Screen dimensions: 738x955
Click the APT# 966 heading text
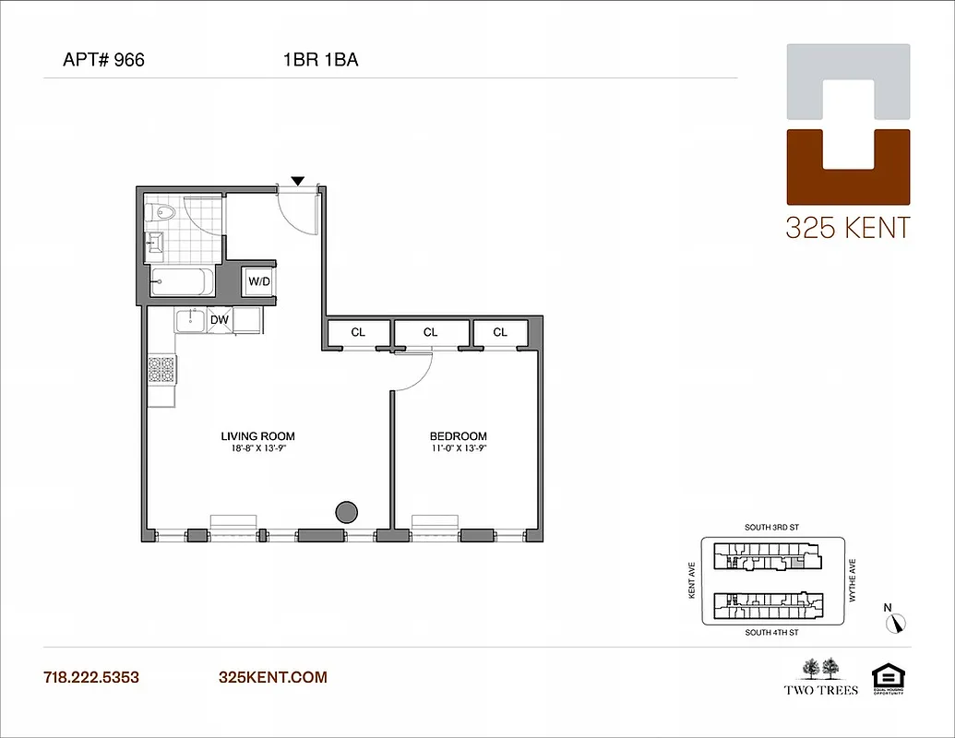point(103,61)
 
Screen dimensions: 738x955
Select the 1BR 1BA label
point(320,61)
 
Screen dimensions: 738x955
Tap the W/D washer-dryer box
point(259,281)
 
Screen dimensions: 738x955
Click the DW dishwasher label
point(220,320)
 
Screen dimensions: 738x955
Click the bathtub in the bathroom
point(182,282)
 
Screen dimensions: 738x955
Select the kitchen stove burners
point(161,370)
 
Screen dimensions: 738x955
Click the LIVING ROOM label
point(257,436)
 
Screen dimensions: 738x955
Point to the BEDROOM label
point(459,436)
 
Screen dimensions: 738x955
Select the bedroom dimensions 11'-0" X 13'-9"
point(459,449)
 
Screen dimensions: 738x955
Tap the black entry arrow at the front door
point(297,180)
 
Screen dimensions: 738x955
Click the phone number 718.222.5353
point(91,677)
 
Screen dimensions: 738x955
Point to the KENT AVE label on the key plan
point(691,582)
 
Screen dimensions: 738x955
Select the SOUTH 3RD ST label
point(772,528)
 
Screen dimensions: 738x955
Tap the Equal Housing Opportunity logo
point(885,680)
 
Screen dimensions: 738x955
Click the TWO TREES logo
point(820,677)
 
